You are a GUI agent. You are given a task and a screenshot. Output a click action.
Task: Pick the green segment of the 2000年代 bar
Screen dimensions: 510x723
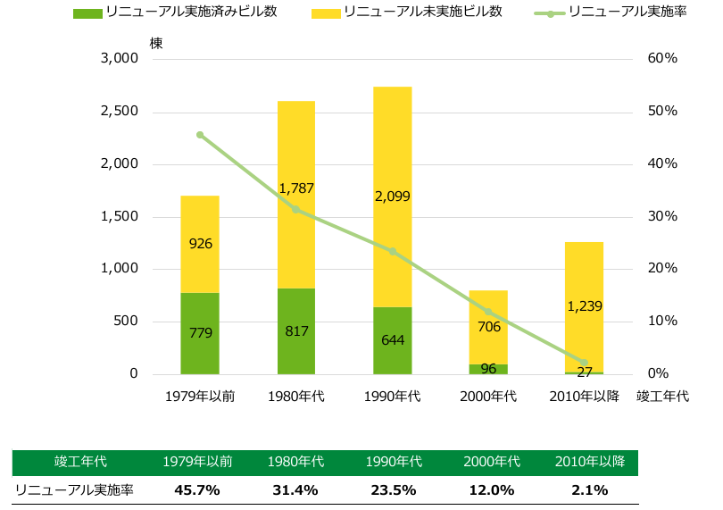pyautogui.click(x=488, y=369)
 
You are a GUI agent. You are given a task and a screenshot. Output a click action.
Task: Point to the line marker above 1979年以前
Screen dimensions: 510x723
pyautogui.click(x=200, y=135)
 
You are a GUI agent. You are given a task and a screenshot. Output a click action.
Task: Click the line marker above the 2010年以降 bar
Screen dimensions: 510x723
pyautogui.click(x=585, y=363)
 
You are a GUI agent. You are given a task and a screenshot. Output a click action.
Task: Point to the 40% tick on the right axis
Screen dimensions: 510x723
pyautogui.click(x=661, y=164)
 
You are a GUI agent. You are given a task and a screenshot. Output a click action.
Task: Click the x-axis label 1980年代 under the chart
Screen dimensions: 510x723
pyautogui.click(x=296, y=396)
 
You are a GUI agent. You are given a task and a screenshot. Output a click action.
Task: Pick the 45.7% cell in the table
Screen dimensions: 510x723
pyautogui.click(x=198, y=490)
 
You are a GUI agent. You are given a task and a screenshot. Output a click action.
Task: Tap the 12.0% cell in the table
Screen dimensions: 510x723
pyautogui.click(x=492, y=490)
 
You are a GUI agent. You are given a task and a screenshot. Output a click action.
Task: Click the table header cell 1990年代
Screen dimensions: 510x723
pyautogui.click(x=394, y=463)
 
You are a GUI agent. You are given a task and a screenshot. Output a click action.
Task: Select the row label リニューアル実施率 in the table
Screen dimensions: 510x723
pyautogui.click(x=75, y=490)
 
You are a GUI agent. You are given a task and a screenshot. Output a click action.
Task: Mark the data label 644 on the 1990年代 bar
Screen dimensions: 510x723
pyautogui.click(x=393, y=340)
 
